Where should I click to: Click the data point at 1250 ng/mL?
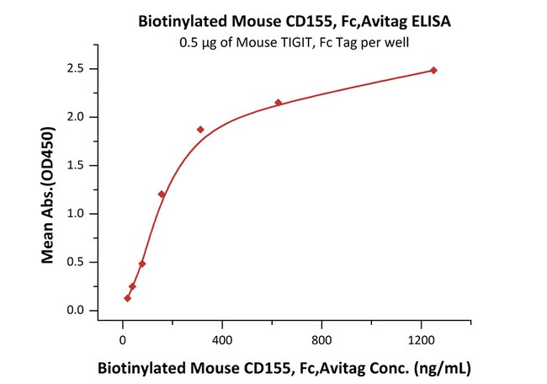pyautogui.click(x=433, y=71)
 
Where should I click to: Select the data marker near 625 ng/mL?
pyautogui.click(x=279, y=103)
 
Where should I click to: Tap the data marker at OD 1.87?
pyautogui.click(x=200, y=130)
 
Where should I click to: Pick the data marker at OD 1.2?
pyautogui.click(x=162, y=195)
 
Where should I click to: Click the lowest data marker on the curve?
pyautogui.click(x=127, y=298)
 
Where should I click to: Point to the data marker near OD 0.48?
pyautogui.click(x=142, y=264)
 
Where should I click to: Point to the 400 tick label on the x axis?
pyautogui.click(x=222, y=339)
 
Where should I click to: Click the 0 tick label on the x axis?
pyautogui.click(x=123, y=339)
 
